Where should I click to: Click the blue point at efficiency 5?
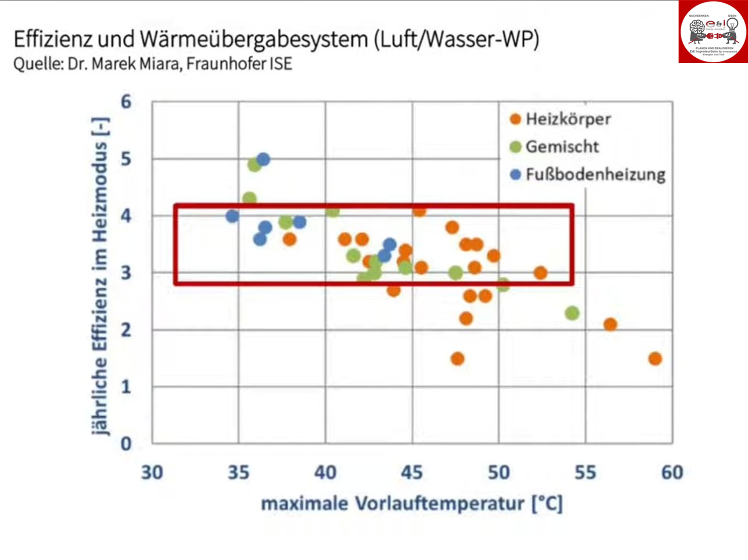(263, 159)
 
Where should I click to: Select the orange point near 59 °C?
(655, 359)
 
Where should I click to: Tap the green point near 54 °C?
(572, 313)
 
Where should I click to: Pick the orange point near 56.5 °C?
(610, 324)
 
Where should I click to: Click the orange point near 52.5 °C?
(540, 273)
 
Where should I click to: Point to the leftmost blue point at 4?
(232, 216)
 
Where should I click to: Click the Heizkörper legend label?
(568, 119)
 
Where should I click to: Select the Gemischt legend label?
(562, 147)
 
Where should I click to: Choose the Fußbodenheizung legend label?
(596, 174)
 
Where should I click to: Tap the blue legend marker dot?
(515, 174)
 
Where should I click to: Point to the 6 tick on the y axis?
(126, 102)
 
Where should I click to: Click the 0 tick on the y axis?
(126, 444)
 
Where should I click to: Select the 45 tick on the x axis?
(412, 472)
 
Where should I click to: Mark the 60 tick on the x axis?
(672, 472)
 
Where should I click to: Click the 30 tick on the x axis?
(152, 472)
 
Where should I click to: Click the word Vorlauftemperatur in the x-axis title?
(439, 504)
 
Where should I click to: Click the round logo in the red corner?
(713, 32)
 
